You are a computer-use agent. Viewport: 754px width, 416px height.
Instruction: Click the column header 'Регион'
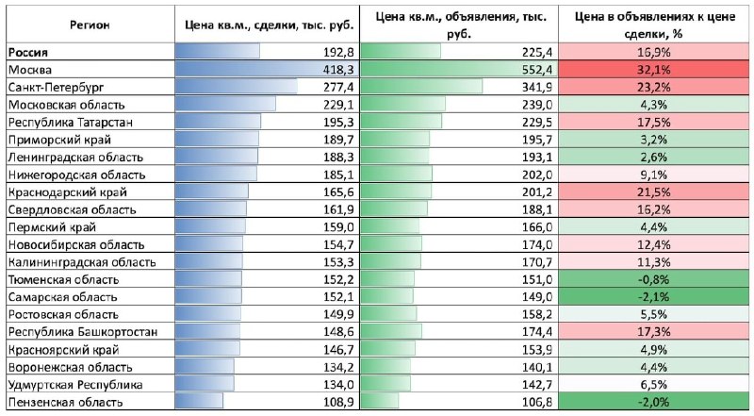(90, 25)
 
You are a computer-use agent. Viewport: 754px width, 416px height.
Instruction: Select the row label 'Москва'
(30, 70)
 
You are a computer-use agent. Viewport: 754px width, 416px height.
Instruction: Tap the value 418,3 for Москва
(338, 70)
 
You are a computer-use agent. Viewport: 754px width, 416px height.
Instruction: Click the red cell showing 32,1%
(653, 70)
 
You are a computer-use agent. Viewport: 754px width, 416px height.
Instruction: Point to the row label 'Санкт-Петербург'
(56, 88)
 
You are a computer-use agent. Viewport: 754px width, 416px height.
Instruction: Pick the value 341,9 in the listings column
(537, 87)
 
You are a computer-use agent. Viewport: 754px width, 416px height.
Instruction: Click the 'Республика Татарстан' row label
(70, 123)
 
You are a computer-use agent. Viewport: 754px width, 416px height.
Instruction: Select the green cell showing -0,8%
(653, 279)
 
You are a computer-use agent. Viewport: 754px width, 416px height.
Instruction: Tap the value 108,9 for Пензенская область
(338, 402)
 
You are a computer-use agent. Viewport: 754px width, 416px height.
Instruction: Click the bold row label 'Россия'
(28, 53)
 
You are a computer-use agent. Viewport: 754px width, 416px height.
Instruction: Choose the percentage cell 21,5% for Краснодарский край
(653, 192)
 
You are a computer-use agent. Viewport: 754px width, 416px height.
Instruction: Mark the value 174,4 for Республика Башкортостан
(537, 332)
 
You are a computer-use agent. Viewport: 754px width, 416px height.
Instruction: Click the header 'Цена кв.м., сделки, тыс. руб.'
(269, 25)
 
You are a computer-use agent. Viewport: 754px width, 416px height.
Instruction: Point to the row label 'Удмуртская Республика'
(75, 385)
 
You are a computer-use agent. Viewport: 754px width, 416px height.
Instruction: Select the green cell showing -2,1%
(653, 296)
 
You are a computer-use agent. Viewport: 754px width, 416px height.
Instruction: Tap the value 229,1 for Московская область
(338, 105)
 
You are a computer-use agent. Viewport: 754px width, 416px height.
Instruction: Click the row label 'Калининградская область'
(82, 262)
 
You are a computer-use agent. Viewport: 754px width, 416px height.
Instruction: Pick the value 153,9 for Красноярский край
(537, 350)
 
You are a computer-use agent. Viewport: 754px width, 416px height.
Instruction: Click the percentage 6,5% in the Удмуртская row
(653, 384)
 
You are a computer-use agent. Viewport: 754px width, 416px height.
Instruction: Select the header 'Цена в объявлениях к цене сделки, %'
(654, 25)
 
